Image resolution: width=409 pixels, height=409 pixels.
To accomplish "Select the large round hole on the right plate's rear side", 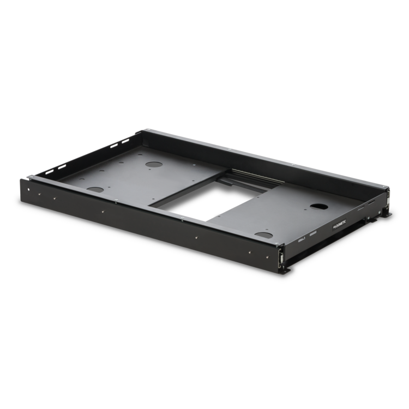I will click(x=316, y=206).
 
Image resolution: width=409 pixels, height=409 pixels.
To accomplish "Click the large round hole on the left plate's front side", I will click(x=97, y=189).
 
